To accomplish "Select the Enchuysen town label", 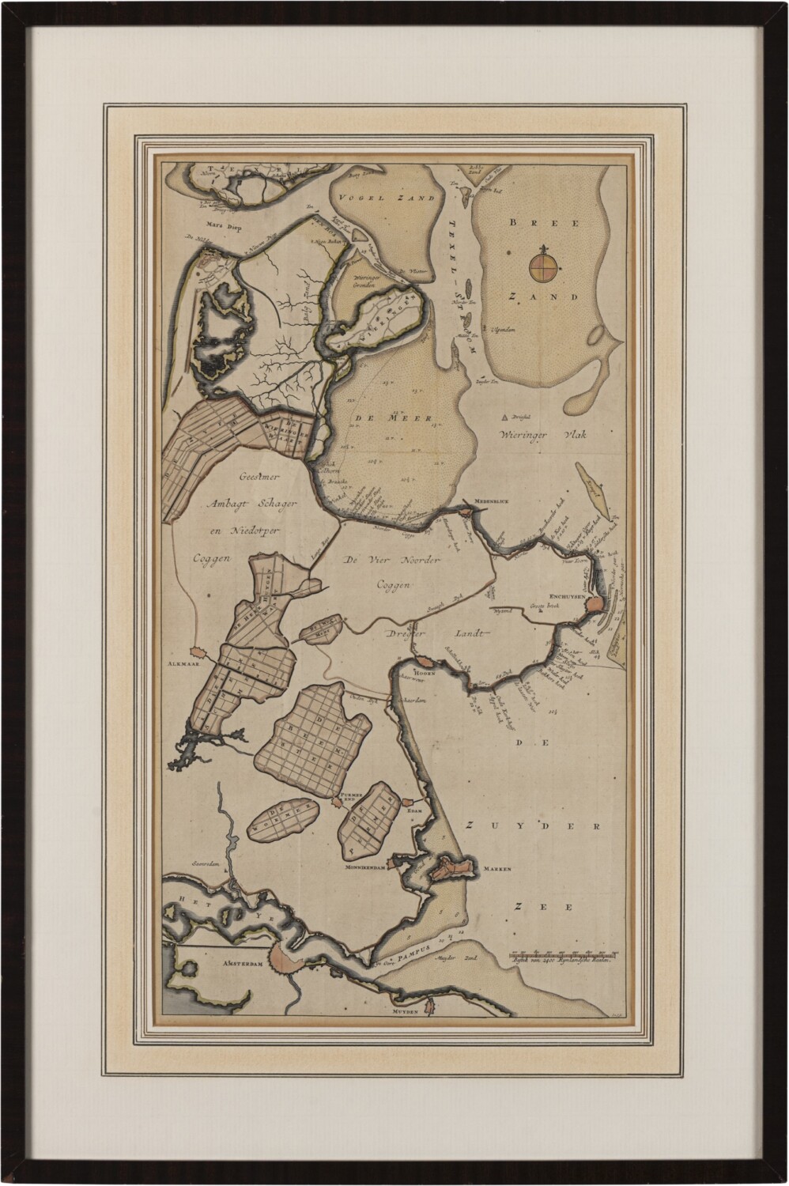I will pos(564,598).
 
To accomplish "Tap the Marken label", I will pos(498,868).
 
